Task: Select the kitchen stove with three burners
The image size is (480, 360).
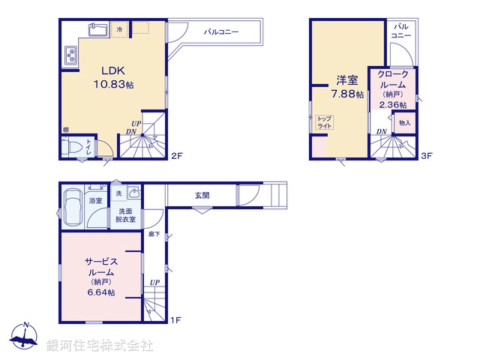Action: point(71,55)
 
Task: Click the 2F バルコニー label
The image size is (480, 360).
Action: point(221,33)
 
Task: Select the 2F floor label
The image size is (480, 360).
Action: point(176,156)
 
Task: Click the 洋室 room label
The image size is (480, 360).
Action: point(346,79)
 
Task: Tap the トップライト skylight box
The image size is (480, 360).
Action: point(324,123)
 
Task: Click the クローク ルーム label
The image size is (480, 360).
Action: point(392,79)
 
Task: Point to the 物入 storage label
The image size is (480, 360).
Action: point(405,122)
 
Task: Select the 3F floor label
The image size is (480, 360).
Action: point(426,156)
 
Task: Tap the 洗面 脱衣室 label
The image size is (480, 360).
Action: point(126,215)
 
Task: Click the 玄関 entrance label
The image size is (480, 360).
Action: point(202,195)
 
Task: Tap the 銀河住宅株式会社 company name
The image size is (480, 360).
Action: point(99,346)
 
